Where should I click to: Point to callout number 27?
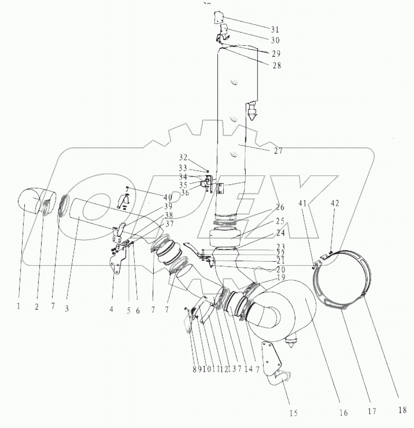pyautogui.click(x=278, y=150)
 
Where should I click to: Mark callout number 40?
pyautogui.click(x=168, y=197)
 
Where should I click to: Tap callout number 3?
pyautogui.click(x=67, y=308)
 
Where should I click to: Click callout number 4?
pyautogui.click(x=112, y=309)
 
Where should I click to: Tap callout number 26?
pyautogui.click(x=280, y=207)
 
